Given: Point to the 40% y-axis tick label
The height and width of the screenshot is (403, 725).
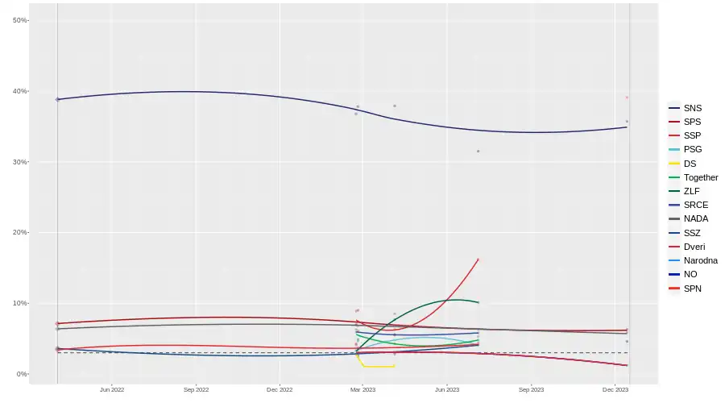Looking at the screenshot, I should tap(21, 91).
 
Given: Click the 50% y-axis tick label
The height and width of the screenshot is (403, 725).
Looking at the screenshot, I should tap(21, 20).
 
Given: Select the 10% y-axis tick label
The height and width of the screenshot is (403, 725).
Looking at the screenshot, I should tap(21, 303).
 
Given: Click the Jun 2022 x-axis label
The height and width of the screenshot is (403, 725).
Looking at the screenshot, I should tap(112, 390).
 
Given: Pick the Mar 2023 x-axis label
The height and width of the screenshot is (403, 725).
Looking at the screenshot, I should tap(363, 390).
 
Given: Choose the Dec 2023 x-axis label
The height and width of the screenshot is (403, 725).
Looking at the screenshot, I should tap(615, 390).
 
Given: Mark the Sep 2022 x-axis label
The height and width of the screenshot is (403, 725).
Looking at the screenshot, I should tap(196, 390).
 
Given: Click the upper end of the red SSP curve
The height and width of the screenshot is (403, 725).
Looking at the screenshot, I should tap(478, 260).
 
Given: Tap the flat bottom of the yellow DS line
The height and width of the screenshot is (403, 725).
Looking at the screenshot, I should tap(379, 367).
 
